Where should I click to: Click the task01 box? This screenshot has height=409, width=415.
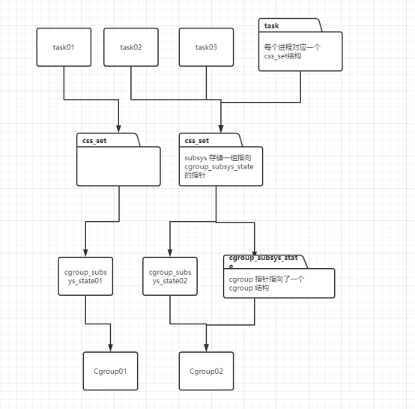(x=64, y=47)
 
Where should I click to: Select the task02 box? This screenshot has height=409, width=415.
(x=131, y=47)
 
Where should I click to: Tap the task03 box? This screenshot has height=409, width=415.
(x=206, y=47)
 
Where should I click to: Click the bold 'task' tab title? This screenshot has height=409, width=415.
(x=271, y=25)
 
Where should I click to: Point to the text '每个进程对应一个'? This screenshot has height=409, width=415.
(x=292, y=47)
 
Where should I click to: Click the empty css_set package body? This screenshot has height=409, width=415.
(x=118, y=166)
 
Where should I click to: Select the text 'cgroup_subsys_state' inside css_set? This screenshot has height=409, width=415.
(x=219, y=167)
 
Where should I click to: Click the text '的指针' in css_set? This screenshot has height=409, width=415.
(x=195, y=175)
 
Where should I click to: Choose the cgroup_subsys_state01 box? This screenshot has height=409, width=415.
(x=85, y=276)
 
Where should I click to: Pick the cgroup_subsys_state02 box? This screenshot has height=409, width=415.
(x=170, y=276)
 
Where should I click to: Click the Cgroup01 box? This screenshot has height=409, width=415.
(x=110, y=371)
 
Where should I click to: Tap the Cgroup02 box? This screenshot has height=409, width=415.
(x=206, y=371)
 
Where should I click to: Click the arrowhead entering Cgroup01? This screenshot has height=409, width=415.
(x=110, y=348)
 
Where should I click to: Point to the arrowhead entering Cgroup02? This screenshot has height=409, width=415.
(x=206, y=348)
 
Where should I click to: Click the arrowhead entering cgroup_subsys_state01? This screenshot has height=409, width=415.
(x=85, y=253)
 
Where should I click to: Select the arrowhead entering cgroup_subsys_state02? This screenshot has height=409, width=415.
(x=170, y=253)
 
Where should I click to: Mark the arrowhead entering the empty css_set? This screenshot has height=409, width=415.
(x=118, y=129)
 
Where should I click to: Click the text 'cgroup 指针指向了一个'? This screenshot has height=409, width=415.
(x=267, y=279)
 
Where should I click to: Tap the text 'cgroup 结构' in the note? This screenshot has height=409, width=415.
(x=249, y=288)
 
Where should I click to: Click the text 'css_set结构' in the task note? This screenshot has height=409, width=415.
(x=282, y=56)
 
